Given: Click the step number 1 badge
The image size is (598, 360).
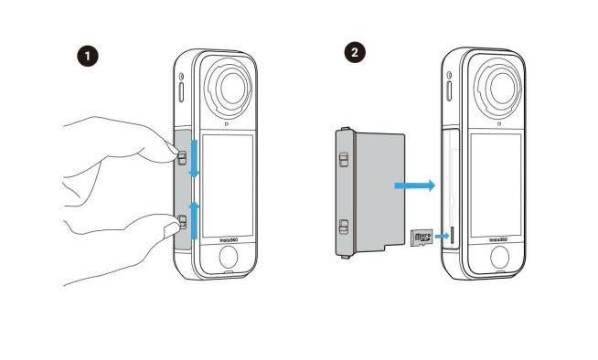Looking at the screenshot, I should coord(88,56).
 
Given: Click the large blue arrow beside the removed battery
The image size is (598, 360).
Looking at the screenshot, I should coord(413,185).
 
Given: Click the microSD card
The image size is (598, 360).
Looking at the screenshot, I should coord(422,238).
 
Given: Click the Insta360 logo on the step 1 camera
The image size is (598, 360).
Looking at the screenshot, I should coord(230,243).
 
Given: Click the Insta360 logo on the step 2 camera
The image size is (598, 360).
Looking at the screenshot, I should coord(498,239).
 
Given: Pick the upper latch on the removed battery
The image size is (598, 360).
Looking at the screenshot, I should coord(344,161).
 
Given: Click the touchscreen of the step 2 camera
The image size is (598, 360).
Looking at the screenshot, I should coord(497,181).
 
